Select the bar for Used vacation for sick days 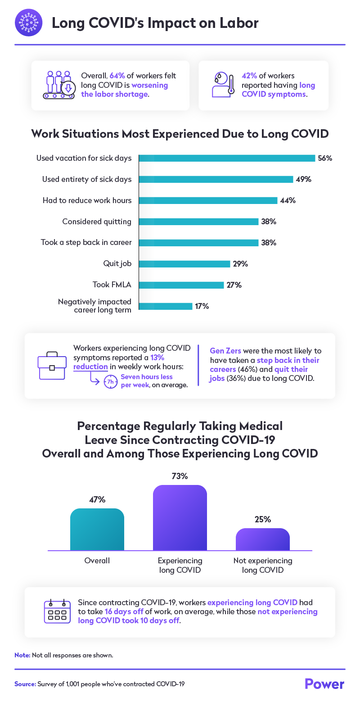coord(227,158)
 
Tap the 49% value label coord(303,179)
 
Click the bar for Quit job coord(184,264)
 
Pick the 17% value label coord(202,306)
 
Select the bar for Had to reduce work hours coord(208,200)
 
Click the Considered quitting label coord(97,222)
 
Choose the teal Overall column coord(97,529)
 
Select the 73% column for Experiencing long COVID coord(180,517)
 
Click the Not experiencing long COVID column coord(262,539)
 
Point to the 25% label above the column coord(262,519)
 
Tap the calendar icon coord(57,611)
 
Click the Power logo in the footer coord(324,684)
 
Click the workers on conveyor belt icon coord(59,85)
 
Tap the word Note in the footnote coord(22,655)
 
